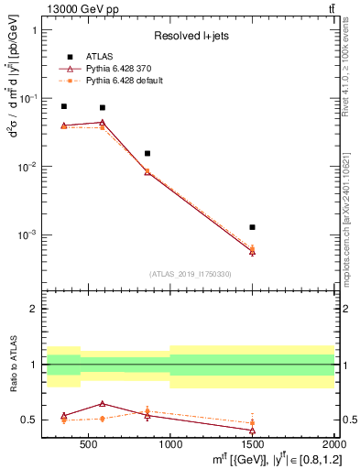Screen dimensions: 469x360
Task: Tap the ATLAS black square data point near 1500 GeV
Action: tap(252, 226)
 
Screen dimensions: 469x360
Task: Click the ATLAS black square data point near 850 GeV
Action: tap(147, 153)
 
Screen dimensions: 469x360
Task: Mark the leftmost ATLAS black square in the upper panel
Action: tap(63, 106)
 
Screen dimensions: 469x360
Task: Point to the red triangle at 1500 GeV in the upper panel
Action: tap(252, 251)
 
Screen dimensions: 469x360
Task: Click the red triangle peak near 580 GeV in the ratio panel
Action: tap(102, 403)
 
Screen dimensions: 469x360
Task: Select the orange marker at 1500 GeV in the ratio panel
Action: tap(252, 422)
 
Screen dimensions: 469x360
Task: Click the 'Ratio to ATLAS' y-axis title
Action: tap(11, 365)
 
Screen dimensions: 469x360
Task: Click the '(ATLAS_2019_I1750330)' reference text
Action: tap(191, 273)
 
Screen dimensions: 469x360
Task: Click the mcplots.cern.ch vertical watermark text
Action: tap(350, 220)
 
